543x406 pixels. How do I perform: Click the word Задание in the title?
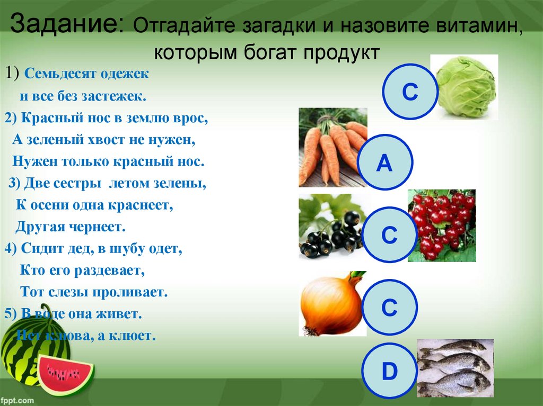point(66,24)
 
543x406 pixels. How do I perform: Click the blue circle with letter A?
point(384,163)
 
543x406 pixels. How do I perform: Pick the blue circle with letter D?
point(389,372)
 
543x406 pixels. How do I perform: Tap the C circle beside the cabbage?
point(409,92)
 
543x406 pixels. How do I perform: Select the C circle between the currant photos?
point(390,235)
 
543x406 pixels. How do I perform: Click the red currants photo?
point(441,225)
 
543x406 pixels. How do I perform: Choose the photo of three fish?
point(455,367)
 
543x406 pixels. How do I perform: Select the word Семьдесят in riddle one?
point(62,74)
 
